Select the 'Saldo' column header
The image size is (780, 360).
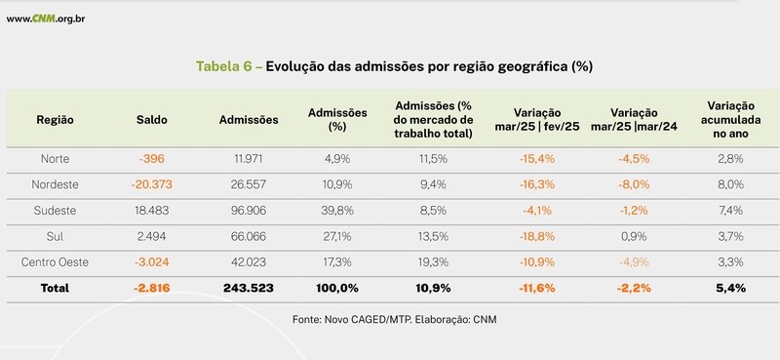click(x=152, y=119)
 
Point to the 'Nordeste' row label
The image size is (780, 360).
click(x=55, y=183)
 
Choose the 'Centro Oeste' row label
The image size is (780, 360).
click(x=55, y=261)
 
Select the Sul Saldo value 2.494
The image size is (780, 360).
click(x=152, y=236)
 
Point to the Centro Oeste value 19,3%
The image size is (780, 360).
click(x=433, y=261)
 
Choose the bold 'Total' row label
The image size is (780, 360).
click(x=55, y=289)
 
